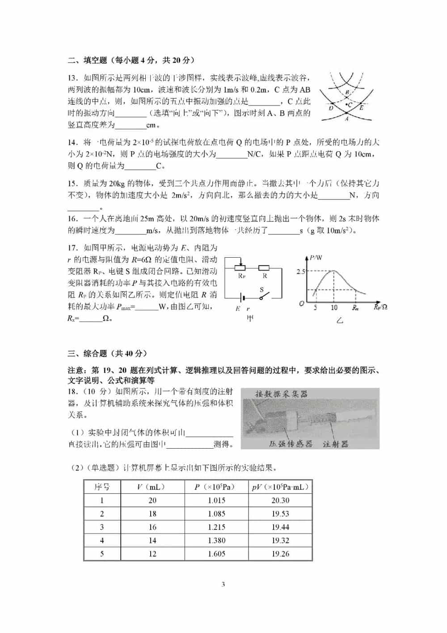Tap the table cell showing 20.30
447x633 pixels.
(x=280, y=501)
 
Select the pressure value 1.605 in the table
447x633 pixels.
(x=216, y=554)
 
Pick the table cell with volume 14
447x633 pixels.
(x=152, y=540)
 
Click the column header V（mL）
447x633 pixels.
(x=152, y=487)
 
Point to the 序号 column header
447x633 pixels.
(x=102, y=487)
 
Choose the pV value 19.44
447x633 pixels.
(x=280, y=527)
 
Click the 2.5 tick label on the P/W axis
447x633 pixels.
(x=300, y=271)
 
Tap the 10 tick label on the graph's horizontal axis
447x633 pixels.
(x=334, y=308)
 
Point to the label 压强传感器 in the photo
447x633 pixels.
(x=291, y=444)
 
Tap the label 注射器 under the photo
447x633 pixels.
(x=335, y=444)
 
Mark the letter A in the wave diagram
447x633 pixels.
(x=347, y=119)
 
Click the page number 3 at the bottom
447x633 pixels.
(x=223, y=584)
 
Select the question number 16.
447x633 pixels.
(x=72, y=219)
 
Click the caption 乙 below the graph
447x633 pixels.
(x=340, y=320)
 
